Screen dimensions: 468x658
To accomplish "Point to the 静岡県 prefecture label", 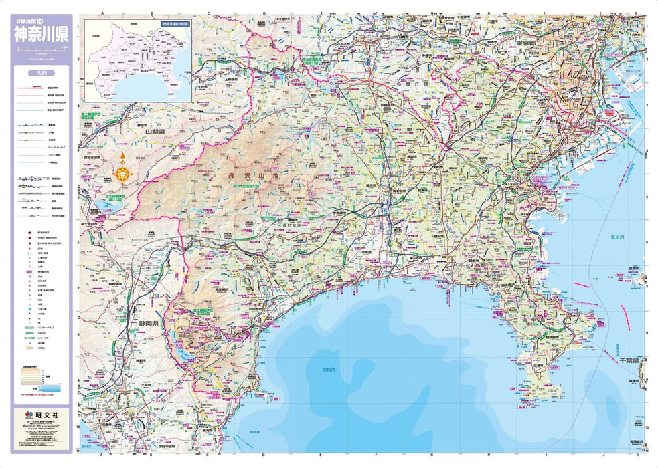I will click(147, 323).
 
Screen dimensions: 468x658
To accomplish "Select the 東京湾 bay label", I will click(618, 237).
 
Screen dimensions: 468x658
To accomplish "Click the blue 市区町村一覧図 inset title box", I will click(175, 23).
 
